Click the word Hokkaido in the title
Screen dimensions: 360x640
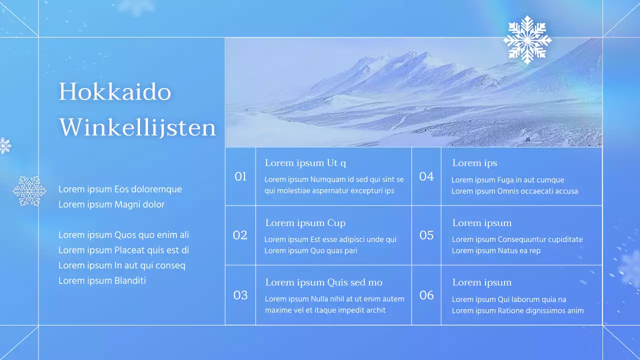(115, 92)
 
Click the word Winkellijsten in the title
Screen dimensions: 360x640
(137, 127)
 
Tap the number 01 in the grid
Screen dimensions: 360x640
(240, 176)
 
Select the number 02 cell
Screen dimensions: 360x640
(240, 235)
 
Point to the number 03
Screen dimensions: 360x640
(240, 295)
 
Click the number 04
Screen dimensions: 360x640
(426, 176)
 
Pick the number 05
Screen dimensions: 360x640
(426, 235)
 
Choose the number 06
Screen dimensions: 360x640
(426, 295)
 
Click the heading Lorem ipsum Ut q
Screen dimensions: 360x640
(305, 163)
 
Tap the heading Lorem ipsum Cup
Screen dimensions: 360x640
(305, 223)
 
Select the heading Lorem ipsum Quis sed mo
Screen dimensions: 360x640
(323, 282)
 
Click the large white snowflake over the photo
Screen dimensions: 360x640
(527, 40)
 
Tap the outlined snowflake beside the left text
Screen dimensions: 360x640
(29, 190)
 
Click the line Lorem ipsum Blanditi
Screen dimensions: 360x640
(102, 280)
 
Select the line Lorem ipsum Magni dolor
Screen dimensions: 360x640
(111, 204)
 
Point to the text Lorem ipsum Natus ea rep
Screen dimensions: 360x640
(496, 250)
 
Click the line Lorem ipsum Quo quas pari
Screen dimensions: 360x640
(310, 250)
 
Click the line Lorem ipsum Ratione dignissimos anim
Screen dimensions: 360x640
(517, 310)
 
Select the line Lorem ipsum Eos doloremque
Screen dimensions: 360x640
(120, 189)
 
